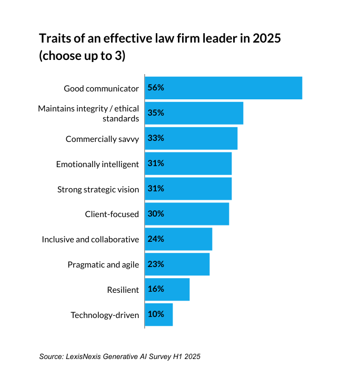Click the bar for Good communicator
pyautogui.click(x=224, y=88)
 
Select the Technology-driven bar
pyautogui.click(x=159, y=315)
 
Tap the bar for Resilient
pyautogui.click(x=167, y=290)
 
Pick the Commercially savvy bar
pyautogui.click(x=191, y=138)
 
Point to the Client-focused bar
pyautogui.click(x=187, y=214)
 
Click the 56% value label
pyautogui.click(x=156, y=88)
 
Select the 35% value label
pyautogui.click(x=156, y=113)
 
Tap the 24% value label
pyautogui.click(x=156, y=239)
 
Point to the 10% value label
pyautogui.click(x=156, y=315)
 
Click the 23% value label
pyautogui.click(x=156, y=264)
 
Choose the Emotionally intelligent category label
pyautogui.click(x=97, y=164)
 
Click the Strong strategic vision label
pyautogui.click(x=98, y=189)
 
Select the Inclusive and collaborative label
pyautogui.click(x=91, y=240)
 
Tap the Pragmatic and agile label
pyautogui.click(x=103, y=265)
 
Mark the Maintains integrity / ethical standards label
pyautogui.click(x=88, y=114)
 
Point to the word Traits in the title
pyautogui.click(x=56, y=39)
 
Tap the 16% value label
pyautogui.click(x=156, y=290)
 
